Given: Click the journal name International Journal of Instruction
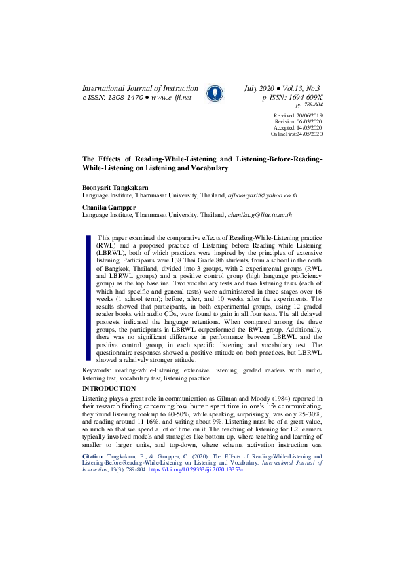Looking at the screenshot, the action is pos(140,89).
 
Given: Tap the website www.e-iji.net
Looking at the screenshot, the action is pos(172,98).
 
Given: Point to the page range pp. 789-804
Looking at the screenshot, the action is pos(309,106).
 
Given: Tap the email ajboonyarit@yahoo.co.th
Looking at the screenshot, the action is pos(262,194).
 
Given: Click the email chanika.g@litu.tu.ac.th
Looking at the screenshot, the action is pos(259,215).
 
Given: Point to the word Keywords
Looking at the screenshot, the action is pos(97,370).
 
